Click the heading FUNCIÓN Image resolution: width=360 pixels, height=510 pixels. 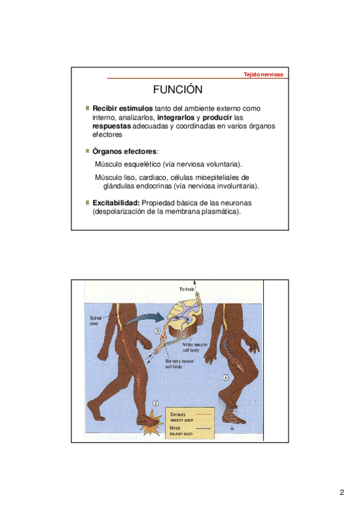point(178,90)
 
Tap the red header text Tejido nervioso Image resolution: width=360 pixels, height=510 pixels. point(263,75)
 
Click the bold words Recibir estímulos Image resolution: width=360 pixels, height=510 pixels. point(123,108)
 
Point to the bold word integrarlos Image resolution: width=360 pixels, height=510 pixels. point(175,117)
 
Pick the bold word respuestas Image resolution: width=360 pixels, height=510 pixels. point(112,126)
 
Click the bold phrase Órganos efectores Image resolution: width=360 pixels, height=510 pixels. point(125,152)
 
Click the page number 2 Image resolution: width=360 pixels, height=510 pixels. point(342,492)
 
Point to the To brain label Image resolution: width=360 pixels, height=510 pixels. point(187,289)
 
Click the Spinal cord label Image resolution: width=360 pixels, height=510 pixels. point(94,321)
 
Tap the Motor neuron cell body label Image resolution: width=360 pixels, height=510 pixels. point(194,347)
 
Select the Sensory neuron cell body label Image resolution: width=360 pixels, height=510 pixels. point(179,364)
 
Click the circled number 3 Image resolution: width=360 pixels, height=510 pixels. point(157,331)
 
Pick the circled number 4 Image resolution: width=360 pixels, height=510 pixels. point(226,377)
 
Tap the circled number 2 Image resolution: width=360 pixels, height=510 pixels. point(156,404)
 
